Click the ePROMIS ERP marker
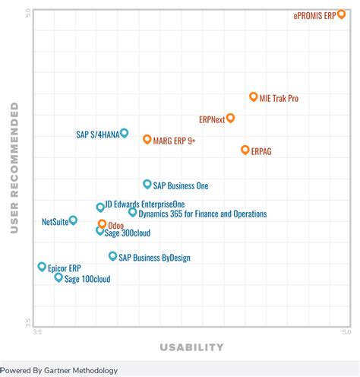click(342, 14)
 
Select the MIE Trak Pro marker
click(254, 97)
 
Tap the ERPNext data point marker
click(231, 118)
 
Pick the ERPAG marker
click(245, 150)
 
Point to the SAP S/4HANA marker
click(125, 133)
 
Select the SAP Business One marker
click(147, 184)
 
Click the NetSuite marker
click(73, 220)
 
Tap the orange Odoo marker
click(102, 224)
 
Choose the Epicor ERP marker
click(42, 267)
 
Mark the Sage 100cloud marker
click(58, 277)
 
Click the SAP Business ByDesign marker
click(112, 256)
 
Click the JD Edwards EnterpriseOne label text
click(144, 204)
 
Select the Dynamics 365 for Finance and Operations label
click(203, 214)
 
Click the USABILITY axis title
click(191, 348)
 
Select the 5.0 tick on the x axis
click(346, 332)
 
